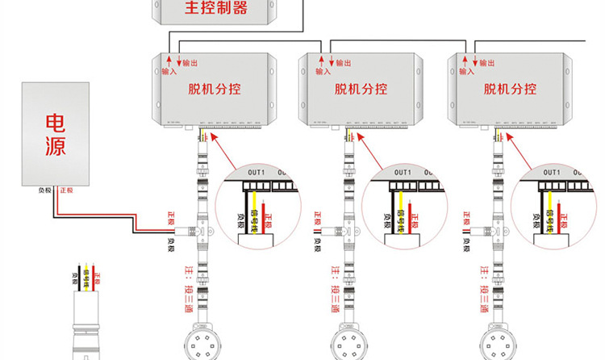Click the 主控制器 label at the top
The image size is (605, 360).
tap(216, 10)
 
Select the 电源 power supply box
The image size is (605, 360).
tap(55, 133)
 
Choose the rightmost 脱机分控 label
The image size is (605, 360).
tap(510, 90)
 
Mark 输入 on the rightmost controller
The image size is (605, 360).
tap(466, 71)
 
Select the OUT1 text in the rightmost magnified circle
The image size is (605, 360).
tap(553, 173)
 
